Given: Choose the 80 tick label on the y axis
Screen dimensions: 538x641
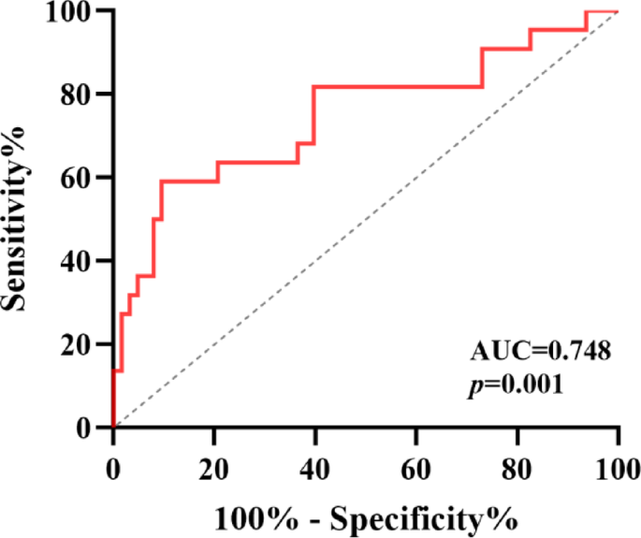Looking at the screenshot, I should (77, 95).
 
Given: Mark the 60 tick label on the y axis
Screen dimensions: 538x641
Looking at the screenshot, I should (77, 178).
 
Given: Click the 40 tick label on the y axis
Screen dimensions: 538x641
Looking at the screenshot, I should (77, 261).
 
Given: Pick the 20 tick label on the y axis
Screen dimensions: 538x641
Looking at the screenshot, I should (77, 344).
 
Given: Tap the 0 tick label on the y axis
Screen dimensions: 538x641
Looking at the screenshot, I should (84, 428).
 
